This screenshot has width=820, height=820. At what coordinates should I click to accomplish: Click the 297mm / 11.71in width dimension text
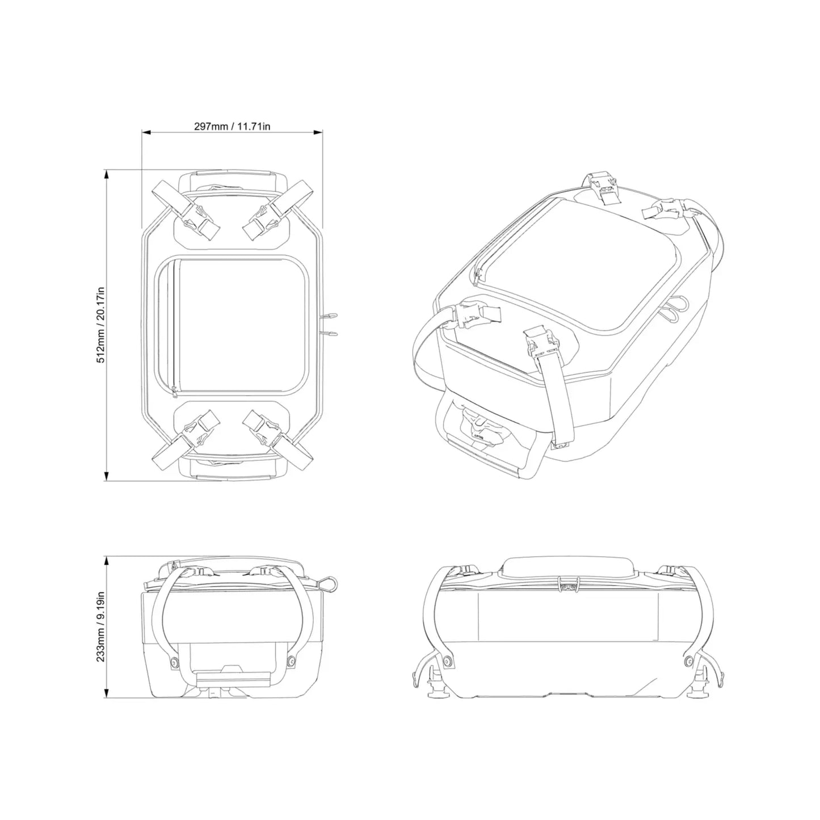232,126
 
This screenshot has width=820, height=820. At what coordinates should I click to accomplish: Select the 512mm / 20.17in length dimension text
102,324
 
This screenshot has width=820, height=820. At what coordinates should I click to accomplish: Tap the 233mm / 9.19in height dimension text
100,626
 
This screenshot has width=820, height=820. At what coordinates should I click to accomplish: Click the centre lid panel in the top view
238,325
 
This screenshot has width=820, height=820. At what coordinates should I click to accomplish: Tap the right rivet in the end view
292,661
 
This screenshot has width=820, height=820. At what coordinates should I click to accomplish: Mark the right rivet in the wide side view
689,661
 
